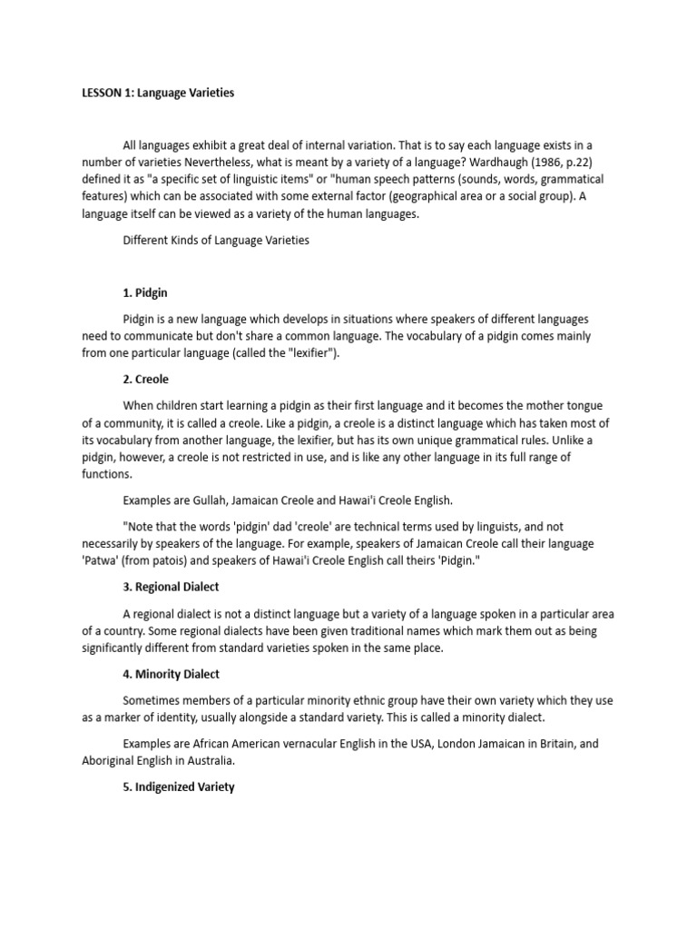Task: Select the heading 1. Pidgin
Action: (x=145, y=293)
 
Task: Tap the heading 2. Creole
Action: (x=145, y=379)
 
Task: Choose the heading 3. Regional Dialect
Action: (x=171, y=588)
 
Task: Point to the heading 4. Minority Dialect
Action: (x=171, y=674)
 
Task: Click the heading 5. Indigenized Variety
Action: (x=178, y=787)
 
